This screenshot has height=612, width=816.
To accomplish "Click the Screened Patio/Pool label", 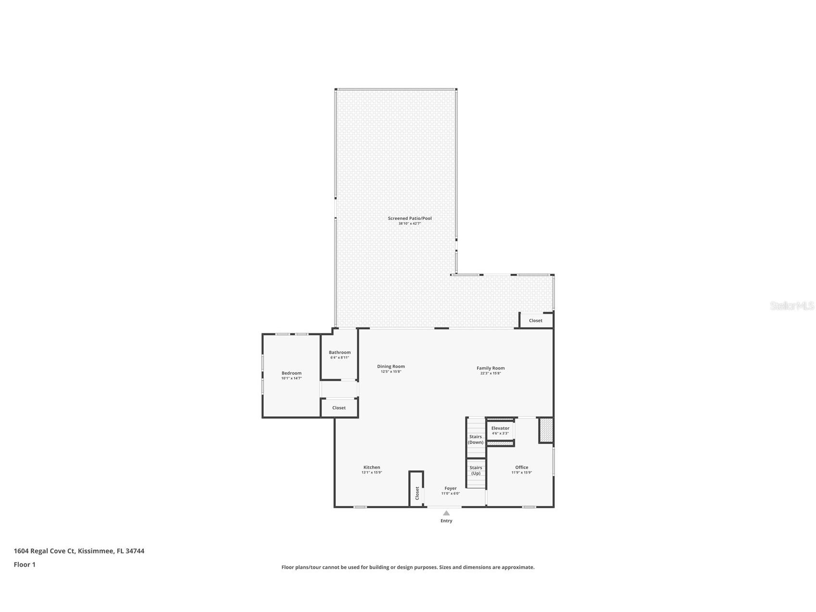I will pyautogui.click(x=410, y=218).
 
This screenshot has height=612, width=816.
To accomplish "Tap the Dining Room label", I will pyautogui.click(x=390, y=367).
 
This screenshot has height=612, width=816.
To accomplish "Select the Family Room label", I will pyautogui.click(x=490, y=369).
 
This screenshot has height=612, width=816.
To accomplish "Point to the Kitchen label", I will pyautogui.click(x=372, y=468).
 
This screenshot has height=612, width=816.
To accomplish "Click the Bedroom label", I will pyautogui.click(x=291, y=373).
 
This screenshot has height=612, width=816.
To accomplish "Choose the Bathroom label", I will pyautogui.click(x=339, y=353).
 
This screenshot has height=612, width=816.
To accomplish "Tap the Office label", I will pyautogui.click(x=521, y=468).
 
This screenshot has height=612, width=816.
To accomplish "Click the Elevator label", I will pyautogui.click(x=500, y=428).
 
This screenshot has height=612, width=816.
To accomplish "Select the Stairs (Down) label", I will pyautogui.click(x=476, y=439).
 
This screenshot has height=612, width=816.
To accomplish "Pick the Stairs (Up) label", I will pyautogui.click(x=476, y=470).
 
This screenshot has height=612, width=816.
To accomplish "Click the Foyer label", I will pyautogui.click(x=451, y=488).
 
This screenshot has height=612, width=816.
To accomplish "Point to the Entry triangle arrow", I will pyautogui.click(x=446, y=513).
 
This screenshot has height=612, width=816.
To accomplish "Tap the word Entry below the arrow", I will pyautogui.click(x=446, y=521).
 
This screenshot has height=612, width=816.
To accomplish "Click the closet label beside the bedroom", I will pyautogui.click(x=339, y=408).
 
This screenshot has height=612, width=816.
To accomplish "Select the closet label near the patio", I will pyautogui.click(x=535, y=320).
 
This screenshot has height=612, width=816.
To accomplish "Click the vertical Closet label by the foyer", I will pyautogui.click(x=417, y=493).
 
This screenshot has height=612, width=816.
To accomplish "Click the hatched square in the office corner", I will pyautogui.click(x=546, y=430).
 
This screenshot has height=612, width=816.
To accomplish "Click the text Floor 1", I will pyautogui.click(x=25, y=564).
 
